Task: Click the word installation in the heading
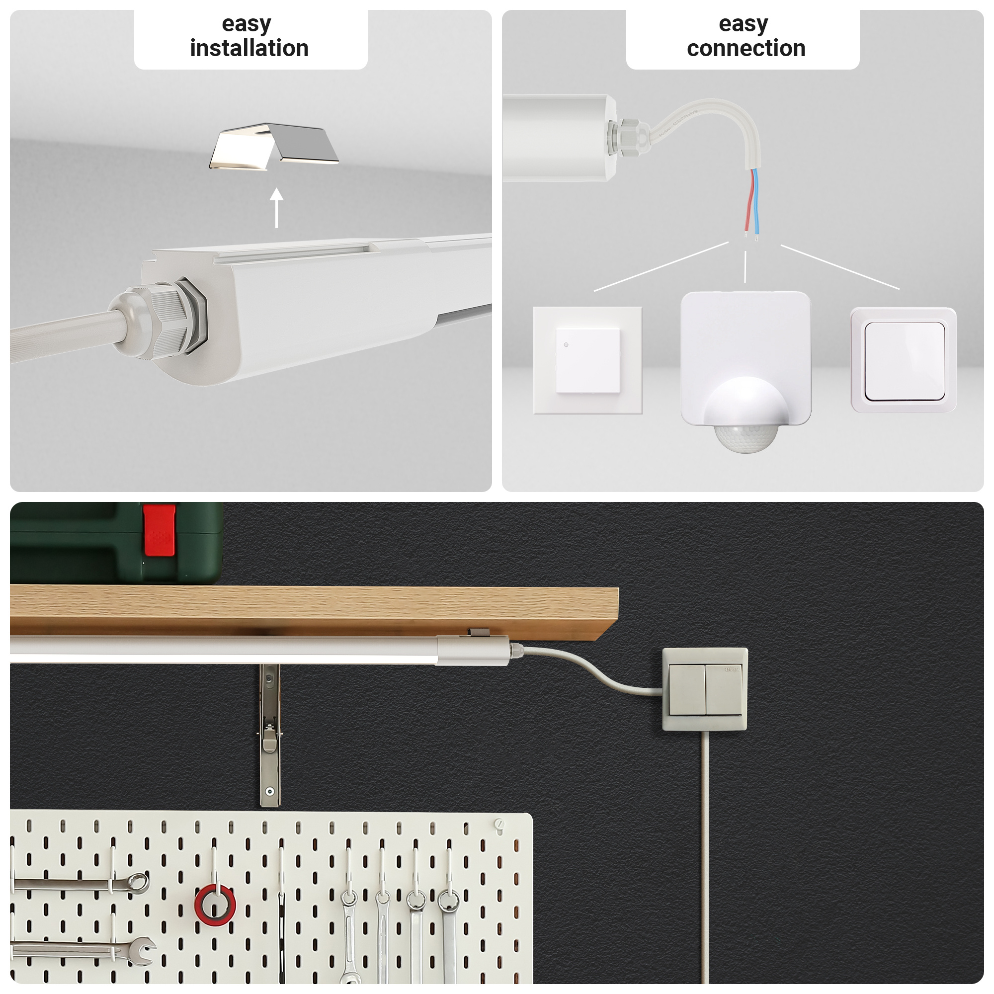click(x=249, y=48)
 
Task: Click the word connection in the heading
click(x=745, y=48)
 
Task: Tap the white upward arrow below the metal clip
click(x=277, y=208)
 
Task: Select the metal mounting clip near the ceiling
click(x=274, y=146)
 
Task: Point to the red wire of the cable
click(x=748, y=202)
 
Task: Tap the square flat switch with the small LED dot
click(x=587, y=360)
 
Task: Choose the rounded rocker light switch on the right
click(x=904, y=360)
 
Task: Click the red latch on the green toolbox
click(x=159, y=530)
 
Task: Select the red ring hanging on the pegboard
click(x=215, y=905)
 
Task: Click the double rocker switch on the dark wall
click(x=704, y=689)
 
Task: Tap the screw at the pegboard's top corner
click(x=498, y=824)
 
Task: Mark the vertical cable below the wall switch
click(x=705, y=857)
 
